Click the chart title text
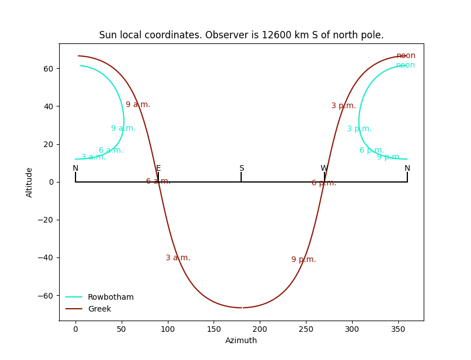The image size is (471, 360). (241, 35)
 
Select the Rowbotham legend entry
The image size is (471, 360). (110, 297)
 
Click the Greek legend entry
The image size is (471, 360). (99, 309)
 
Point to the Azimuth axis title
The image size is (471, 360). (241, 340)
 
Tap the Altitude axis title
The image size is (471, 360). (29, 182)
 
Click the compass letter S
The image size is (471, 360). (241, 168)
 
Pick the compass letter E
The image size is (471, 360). (158, 168)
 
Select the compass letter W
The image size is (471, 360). (324, 168)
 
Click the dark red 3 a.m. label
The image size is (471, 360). (178, 258)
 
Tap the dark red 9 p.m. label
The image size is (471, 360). (304, 260)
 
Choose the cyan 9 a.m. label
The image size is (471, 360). (123, 128)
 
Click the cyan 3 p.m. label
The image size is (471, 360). (359, 129)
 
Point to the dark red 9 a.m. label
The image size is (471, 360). (138, 105)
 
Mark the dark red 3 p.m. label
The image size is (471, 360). (344, 106)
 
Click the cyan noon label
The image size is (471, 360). (405, 65)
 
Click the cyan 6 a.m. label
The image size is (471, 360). (111, 150)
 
